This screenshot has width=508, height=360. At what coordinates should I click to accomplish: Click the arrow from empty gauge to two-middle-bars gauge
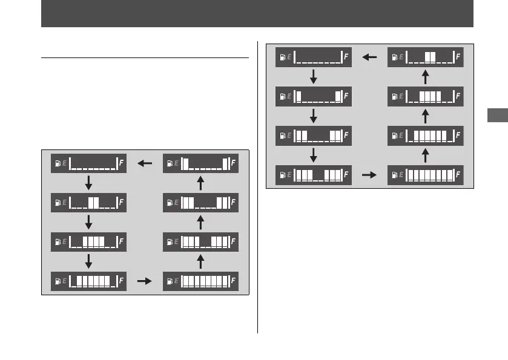88,183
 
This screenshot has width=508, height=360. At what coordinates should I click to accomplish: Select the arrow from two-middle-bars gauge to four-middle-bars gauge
88,222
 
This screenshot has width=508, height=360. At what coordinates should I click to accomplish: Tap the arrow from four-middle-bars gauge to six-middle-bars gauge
88,261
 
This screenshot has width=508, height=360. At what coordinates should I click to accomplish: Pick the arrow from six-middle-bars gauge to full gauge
144,281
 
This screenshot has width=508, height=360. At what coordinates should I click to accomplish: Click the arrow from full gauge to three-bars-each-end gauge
200,261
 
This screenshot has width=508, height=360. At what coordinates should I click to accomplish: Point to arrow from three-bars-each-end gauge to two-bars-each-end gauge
200,222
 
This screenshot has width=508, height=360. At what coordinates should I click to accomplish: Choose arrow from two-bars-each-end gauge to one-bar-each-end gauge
200,183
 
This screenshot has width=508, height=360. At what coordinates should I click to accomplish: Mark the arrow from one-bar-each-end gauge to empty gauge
144,163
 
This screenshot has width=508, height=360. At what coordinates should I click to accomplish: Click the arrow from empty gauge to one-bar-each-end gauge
313,77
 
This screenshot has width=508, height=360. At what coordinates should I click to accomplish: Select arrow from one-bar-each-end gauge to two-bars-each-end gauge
313,116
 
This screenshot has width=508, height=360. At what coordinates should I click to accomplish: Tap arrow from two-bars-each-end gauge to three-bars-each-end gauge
313,155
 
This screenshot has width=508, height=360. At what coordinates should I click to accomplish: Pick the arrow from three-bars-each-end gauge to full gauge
369,175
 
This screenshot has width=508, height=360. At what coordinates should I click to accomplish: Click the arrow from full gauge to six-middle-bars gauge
425,155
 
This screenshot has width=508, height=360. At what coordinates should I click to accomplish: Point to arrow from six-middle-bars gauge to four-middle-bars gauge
425,116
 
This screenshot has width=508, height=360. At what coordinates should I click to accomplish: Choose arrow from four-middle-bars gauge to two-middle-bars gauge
425,77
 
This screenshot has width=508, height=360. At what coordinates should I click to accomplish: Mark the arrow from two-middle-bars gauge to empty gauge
369,57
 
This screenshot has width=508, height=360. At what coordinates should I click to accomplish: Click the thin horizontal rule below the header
145,59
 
